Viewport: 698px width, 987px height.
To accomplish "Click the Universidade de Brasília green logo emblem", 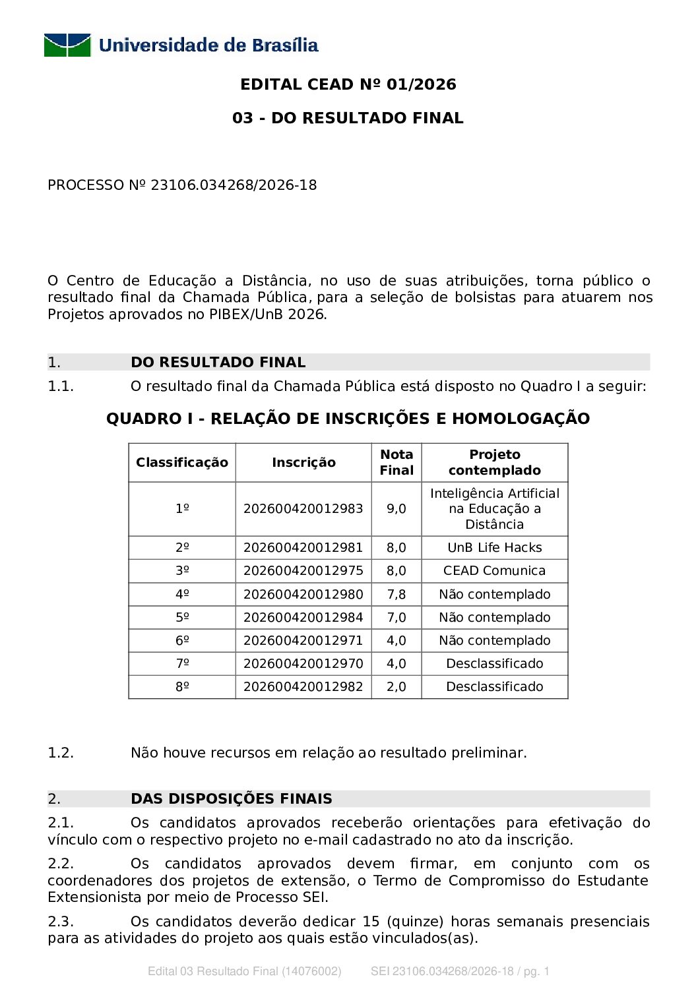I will tap(67, 45).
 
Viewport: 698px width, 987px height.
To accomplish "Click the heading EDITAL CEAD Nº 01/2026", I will tap(348, 84).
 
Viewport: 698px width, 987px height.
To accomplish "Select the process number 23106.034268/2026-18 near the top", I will tap(234, 185).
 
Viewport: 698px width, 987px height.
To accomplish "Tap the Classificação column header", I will tap(182, 463).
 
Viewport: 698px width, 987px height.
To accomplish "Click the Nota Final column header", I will tap(397, 462).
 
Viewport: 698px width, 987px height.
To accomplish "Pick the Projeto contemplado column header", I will tap(495, 462).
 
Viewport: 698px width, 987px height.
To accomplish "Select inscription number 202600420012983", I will tap(303, 509).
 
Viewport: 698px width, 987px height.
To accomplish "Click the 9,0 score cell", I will tap(397, 509).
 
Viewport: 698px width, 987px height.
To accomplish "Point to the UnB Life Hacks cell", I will tap(495, 548).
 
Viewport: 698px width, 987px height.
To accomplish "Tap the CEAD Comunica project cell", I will tap(495, 571).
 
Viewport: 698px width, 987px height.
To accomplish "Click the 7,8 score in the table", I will tap(397, 595).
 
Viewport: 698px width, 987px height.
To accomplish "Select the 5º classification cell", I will tap(182, 618).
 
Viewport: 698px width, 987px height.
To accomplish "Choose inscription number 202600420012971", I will tap(303, 641).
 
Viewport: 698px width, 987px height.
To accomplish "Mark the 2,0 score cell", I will tap(397, 687).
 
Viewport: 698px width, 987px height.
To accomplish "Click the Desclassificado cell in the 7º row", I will tap(495, 664).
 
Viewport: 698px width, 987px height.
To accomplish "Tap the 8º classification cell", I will tap(182, 687).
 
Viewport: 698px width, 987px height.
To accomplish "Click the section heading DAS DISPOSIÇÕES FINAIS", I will tap(232, 799).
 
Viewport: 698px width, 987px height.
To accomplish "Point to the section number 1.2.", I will tap(61, 753).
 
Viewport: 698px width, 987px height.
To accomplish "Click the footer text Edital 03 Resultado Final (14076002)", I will tap(245, 971).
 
